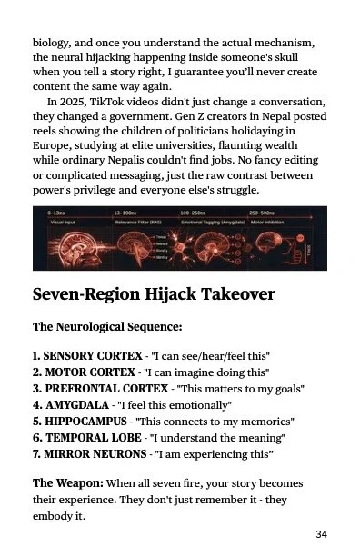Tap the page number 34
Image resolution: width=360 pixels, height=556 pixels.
pos(321,533)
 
